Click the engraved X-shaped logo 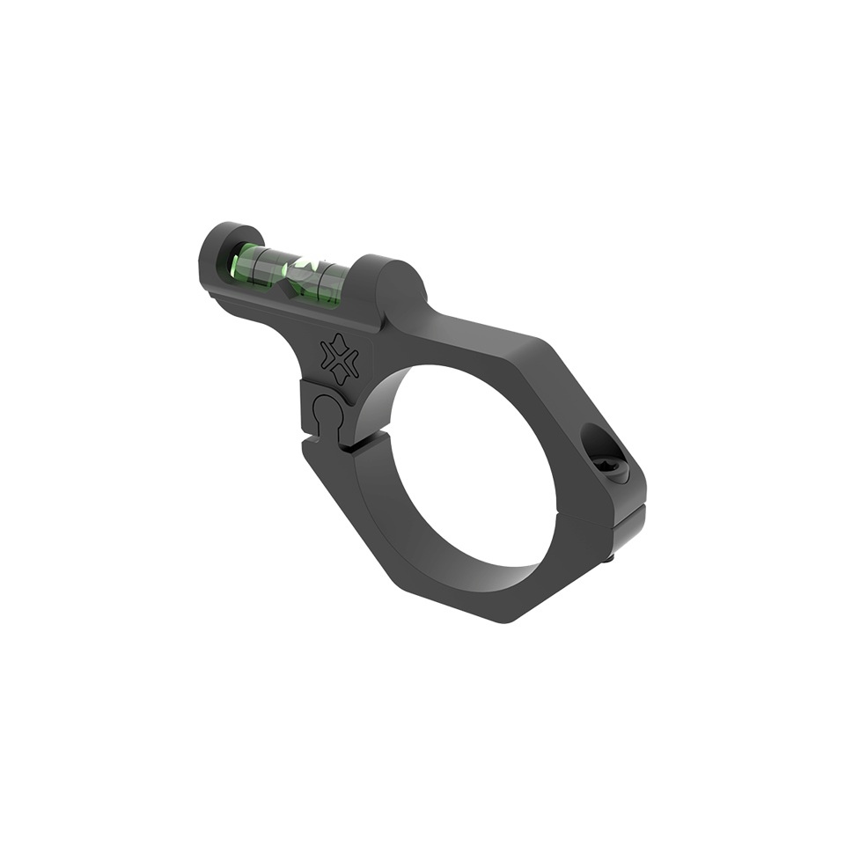click(340, 359)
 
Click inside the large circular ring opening click(471, 467)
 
